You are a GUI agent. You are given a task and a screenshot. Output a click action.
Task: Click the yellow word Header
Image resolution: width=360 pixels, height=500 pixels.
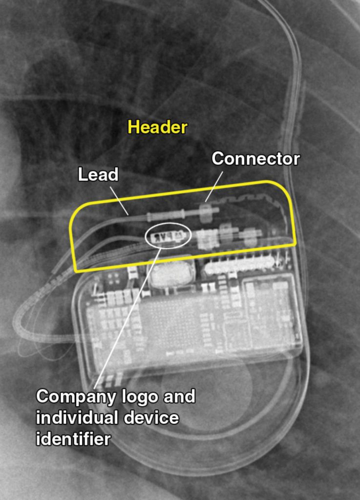[x=157, y=127]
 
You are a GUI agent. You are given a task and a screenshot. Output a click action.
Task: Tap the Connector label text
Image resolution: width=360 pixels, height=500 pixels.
[x=256, y=159]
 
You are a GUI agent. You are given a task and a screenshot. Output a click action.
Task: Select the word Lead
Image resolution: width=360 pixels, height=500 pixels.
[x=98, y=174]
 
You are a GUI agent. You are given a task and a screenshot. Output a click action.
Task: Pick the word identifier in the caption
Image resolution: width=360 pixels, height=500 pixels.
[x=73, y=439]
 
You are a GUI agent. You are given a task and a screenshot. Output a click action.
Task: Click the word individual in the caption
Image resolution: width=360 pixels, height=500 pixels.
[x=77, y=418]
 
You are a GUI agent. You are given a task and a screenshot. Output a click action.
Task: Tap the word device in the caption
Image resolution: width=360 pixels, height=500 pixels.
[x=151, y=418]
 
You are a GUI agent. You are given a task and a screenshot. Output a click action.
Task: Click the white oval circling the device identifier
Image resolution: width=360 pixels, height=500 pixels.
[x=168, y=235]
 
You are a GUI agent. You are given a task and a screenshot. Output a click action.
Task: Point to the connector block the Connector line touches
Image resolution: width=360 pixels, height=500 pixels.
[x=206, y=211]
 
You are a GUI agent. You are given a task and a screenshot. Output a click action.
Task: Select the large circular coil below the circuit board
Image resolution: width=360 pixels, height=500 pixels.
[x=207, y=387]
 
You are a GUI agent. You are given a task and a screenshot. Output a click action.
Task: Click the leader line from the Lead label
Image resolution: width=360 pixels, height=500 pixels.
[x=119, y=201]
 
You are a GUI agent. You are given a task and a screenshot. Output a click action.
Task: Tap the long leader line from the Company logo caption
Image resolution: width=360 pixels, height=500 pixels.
[x=127, y=316]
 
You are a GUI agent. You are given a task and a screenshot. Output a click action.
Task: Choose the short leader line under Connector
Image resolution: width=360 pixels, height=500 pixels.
[x=213, y=187]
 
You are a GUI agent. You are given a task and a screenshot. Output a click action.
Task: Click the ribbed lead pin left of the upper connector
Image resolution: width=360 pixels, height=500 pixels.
[x=166, y=215]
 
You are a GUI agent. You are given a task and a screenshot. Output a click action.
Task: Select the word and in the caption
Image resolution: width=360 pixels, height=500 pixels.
[x=179, y=396]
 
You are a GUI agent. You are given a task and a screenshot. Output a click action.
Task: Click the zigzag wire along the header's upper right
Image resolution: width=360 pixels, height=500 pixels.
[x=246, y=200]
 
